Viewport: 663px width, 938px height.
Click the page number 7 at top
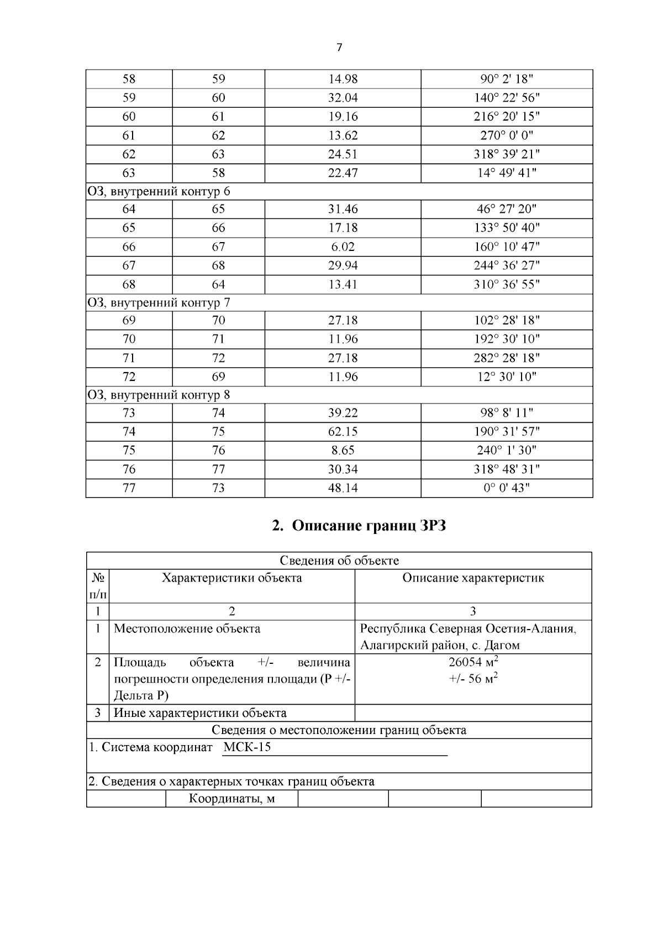[339, 48]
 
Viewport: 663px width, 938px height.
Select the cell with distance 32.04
[343, 98]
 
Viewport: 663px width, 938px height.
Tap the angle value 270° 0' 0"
[507, 135]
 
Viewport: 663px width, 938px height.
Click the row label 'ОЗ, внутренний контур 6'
[159, 191]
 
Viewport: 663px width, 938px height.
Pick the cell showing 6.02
[343, 247]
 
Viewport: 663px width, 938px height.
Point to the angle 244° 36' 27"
[507, 266]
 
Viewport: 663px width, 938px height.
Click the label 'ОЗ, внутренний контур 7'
[159, 303]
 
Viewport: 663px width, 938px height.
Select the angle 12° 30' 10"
[507, 377]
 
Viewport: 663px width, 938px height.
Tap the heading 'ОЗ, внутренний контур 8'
[159, 395]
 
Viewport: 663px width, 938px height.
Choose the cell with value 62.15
[343, 432]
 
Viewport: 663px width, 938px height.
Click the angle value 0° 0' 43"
[507, 488]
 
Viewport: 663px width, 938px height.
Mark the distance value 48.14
[343, 488]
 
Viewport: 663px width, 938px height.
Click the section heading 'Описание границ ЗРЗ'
[359, 526]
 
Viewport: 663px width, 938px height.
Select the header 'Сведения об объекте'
[339, 560]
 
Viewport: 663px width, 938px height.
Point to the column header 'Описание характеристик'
[473, 578]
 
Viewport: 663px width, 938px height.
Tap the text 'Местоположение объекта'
[187, 628]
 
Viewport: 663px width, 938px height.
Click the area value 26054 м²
[473, 662]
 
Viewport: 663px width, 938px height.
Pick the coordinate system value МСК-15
[247, 747]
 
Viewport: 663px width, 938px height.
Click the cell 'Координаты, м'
[231, 798]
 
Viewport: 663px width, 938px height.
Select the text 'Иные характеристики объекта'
[200, 713]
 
